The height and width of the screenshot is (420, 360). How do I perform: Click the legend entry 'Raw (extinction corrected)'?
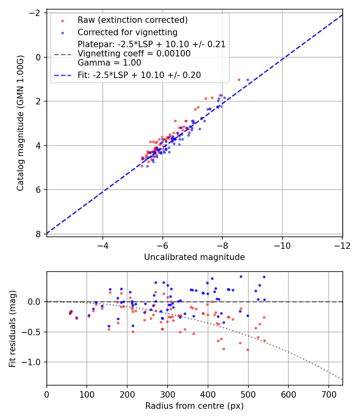pyautogui.click(x=132, y=20)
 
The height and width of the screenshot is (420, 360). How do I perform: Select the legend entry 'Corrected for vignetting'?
pyautogui.click(x=127, y=32)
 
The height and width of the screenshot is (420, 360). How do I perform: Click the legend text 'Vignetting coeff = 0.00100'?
pyautogui.click(x=134, y=54)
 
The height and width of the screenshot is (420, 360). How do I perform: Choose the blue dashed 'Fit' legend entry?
pyautogui.click(x=139, y=75)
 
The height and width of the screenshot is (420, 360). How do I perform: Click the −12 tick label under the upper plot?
pyautogui.click(x=342, y=245)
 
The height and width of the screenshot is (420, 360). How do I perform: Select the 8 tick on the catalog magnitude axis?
pyautogui.click(x=39, y=234)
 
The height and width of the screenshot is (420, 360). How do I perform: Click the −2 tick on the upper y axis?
pyautogui.click(x=36, y=13)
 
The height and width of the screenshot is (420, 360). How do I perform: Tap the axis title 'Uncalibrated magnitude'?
pyautogui.click(x=194, y=257)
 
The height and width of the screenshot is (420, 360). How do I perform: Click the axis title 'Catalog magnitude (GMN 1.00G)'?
pyautogui.click(x=20, y=123)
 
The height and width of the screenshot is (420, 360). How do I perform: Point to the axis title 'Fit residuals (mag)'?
pyautogui.click(x=12, y=328)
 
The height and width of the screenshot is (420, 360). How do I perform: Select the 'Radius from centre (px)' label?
pyautogui.click(x=194, y=406)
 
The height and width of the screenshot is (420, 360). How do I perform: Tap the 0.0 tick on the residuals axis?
pyautogui.click(x=36, y=302)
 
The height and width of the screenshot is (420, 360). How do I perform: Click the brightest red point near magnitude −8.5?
pyautogui.click(x=239, y=80)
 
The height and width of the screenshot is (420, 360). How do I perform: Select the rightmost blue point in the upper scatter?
pyautogui.click(x=248, y=80)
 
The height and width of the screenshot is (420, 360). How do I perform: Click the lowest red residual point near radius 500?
pyautogui.click(x=248, y=350)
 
